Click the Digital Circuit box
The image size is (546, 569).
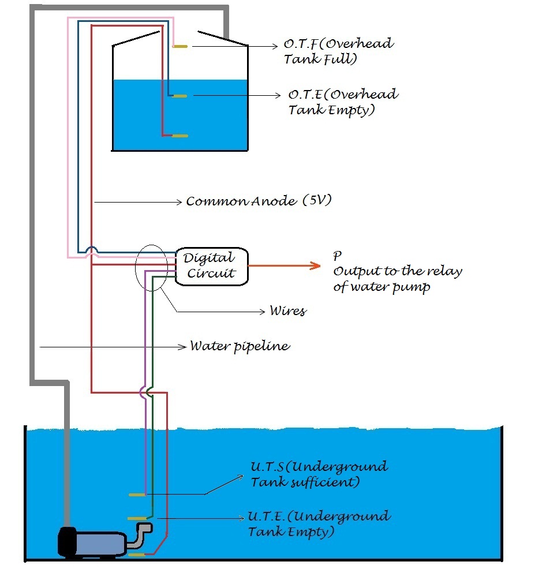pos(212,266)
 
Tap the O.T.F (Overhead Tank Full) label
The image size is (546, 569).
pos(339,51)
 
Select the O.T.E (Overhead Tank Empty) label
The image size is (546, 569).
pos(343,102)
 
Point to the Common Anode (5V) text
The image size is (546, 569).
pos(259,201)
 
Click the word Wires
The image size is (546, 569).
pos(288,311)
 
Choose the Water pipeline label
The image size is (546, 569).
pos(240,346)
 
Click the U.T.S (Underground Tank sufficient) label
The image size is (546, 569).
pos(319,474)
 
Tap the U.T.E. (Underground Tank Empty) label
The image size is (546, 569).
pos(319,523)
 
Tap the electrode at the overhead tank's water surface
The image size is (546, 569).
pos(179,96)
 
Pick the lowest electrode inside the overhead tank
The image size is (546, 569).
pos(179,136)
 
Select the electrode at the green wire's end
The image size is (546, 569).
pos(137,518)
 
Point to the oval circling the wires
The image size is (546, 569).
pos(152,268)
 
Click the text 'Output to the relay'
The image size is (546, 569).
pos(398,272)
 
